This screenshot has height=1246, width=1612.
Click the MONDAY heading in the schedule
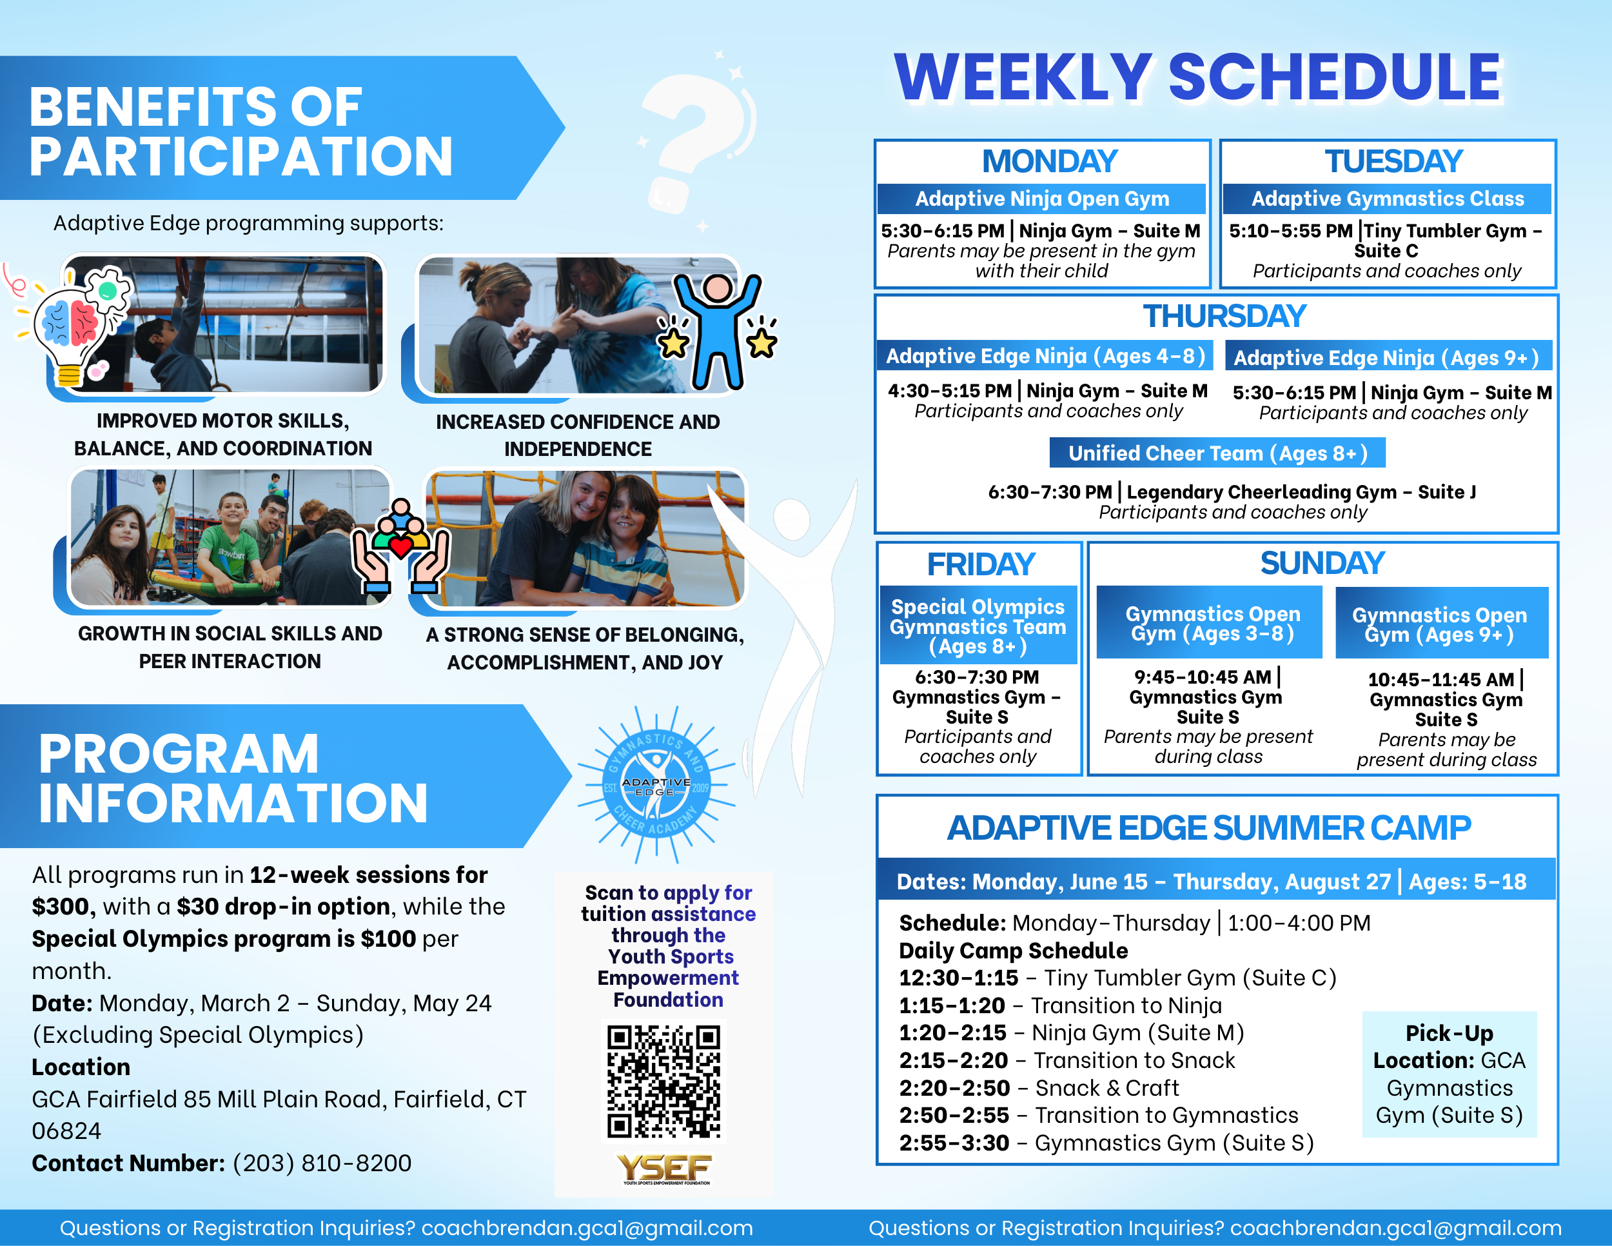tap(1050, 162)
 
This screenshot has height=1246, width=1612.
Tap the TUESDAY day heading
tap(1393, 162)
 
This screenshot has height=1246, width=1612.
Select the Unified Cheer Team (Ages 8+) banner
tap(1217, 453)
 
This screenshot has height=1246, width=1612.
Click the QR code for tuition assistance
tap(663, 1082)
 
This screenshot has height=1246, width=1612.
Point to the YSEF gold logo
tap(664, 1168)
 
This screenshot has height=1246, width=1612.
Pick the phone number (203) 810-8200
tap(322, 1163)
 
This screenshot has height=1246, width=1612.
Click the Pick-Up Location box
tap(1449, 1074)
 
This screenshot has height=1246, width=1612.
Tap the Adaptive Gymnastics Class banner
tap(1388, 199)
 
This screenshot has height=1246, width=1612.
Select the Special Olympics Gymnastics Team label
tap(978, 626)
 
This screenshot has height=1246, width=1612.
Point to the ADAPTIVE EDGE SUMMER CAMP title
tap(1209, 827)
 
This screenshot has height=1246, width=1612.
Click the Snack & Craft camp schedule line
tap(1039, 1087)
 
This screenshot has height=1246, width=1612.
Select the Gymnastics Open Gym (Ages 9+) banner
tap(1440, 623)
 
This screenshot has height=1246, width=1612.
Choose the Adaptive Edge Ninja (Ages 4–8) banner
tap(1045, 356)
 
